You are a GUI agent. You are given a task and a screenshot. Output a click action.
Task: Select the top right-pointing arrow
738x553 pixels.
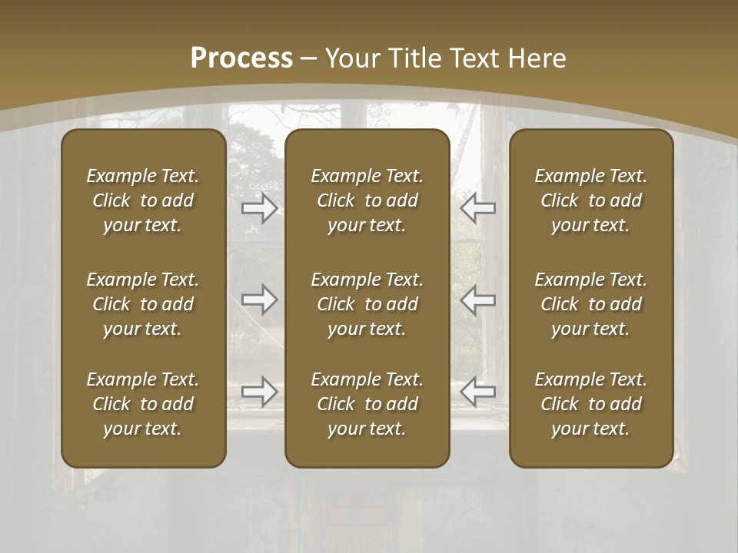259,208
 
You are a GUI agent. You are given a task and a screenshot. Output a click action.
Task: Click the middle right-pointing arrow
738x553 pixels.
259,300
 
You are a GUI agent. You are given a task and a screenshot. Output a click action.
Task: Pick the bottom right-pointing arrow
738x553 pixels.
259,392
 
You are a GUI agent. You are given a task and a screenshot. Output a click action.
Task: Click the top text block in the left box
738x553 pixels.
143,200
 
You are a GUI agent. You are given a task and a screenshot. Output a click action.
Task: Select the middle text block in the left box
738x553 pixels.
143,304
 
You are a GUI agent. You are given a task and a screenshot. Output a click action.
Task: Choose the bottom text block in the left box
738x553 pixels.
143,404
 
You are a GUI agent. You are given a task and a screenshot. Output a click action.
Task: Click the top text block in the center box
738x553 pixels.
367,200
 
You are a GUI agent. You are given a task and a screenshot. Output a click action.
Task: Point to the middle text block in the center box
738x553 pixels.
367,304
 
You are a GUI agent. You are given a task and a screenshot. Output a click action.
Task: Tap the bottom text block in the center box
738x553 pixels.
367,404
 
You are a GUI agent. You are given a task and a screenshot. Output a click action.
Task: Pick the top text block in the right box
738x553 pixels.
590,200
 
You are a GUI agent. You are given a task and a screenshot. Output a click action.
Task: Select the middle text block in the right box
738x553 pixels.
590,304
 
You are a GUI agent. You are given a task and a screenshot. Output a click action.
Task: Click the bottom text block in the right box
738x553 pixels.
590,404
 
